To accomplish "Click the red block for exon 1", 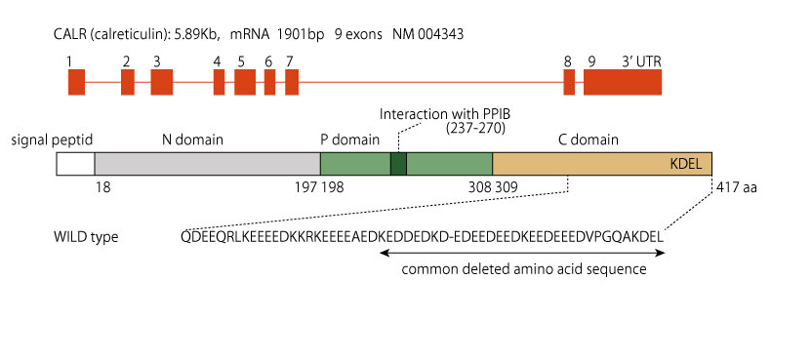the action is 76,82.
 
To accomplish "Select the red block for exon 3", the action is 162,82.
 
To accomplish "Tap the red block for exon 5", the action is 244,82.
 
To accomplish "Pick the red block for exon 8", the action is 569,82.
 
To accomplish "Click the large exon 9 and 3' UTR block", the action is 623,82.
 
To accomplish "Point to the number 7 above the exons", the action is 289,61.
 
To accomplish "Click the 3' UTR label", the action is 641,61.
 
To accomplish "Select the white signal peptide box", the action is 75,164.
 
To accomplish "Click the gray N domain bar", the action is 208,164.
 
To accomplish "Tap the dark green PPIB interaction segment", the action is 398,164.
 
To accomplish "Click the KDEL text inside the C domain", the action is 685,165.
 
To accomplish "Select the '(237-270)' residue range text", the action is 475,128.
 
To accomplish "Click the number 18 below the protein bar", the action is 103,187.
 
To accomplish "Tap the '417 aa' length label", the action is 737,187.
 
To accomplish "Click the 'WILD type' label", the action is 86,237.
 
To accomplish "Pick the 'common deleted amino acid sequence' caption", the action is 524,269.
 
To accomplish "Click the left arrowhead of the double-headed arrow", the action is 384,253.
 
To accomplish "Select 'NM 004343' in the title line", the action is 427,35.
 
